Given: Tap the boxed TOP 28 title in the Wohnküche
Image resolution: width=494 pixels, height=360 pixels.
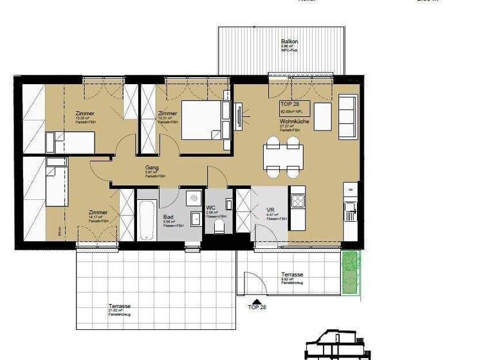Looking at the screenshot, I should click(x=291, y=104).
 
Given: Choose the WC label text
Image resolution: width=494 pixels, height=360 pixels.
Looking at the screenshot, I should click(x=210, y=208).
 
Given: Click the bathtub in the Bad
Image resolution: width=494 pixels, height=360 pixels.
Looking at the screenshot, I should click(x=146, y=221).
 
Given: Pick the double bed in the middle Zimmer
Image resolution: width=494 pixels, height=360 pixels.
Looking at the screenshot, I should click(x=205, y=120).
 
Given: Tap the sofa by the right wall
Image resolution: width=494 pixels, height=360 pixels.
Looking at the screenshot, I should click(x=347, y=115).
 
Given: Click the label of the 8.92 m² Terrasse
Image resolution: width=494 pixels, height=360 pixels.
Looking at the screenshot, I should click(x=291, y=274).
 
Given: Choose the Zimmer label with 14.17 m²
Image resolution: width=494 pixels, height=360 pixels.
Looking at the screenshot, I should click(x=98, y=212).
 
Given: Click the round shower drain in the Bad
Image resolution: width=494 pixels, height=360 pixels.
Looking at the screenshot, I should click(x=193, y=199).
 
